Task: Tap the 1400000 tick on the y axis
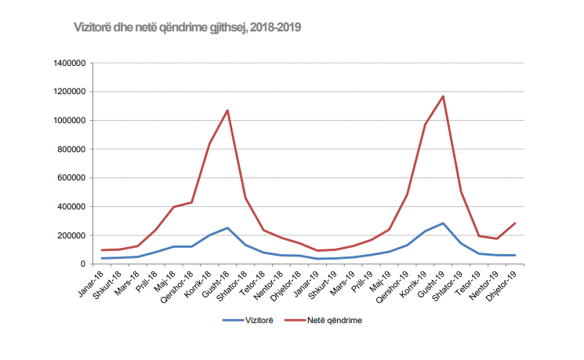(69, 63)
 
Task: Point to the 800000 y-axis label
(71, 149)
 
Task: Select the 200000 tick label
(71, 235)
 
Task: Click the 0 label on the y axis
(82, 264)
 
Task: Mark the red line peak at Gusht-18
(227, 111)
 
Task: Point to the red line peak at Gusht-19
(443, 96)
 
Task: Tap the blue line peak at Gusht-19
(443, 224)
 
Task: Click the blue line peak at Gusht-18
(227, 228)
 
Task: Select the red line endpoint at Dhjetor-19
(515, 224)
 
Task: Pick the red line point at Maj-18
(174, 207)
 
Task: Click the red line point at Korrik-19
(425, 125)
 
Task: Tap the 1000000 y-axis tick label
(69, 120)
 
